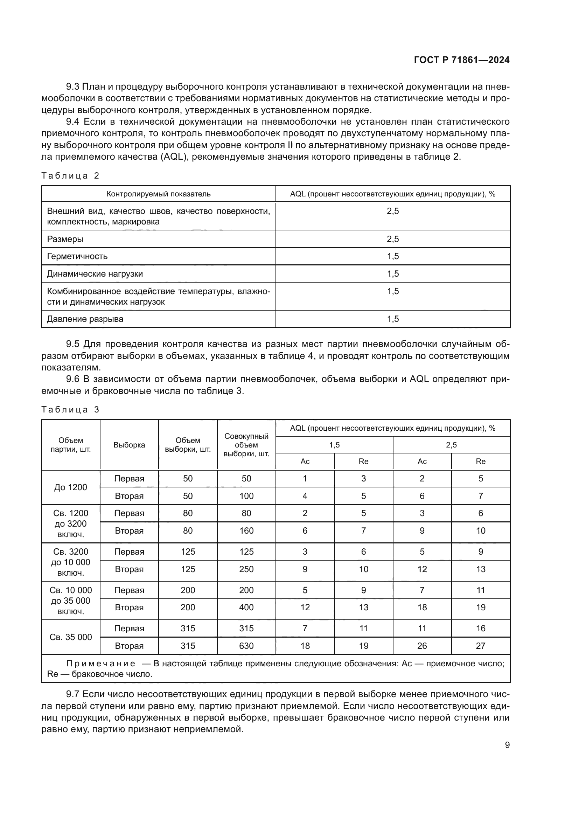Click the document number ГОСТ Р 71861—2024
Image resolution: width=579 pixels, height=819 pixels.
point(461,60)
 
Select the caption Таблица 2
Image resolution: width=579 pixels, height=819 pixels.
point(70,175)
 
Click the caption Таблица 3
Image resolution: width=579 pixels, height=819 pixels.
point(70,410)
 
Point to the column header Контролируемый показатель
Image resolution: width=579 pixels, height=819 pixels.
point(159,194)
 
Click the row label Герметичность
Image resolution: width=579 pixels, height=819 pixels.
point(77,256)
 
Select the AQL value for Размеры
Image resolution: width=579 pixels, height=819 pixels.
point(392,239)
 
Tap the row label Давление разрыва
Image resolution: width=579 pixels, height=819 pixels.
point(85,319)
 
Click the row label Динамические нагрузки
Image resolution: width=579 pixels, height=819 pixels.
point(95,273)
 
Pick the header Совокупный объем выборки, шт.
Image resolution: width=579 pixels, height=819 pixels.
point(246,445)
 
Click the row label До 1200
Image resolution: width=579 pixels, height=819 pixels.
point(71,487)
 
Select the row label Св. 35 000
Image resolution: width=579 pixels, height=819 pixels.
point(71,637)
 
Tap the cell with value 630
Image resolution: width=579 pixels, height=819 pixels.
point(246,646)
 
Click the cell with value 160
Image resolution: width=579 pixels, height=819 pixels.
point(246,531)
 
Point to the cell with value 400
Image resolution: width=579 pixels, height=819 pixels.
point(246,608)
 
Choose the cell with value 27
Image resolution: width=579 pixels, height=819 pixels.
point(480,646)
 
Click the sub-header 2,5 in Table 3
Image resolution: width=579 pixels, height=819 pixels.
point(451,445)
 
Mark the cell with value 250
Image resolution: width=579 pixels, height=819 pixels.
point(246,569)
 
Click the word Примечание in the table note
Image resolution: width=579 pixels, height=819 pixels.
point(100,664)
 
